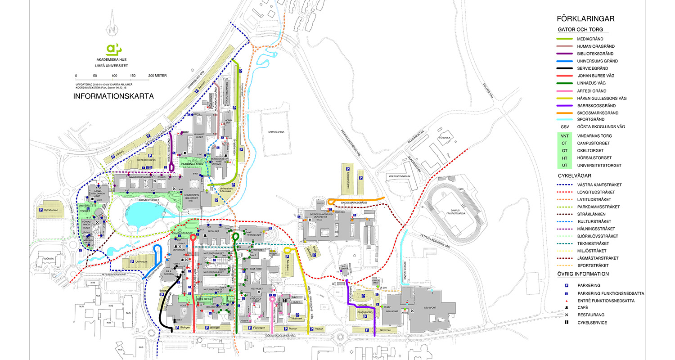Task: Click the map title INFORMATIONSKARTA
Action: (113, 96)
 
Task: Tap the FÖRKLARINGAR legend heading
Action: (585, 19)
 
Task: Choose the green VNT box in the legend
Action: (564, 135)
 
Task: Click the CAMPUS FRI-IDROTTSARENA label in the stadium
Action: (455, 212)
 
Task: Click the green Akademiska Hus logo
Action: (112, 49)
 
